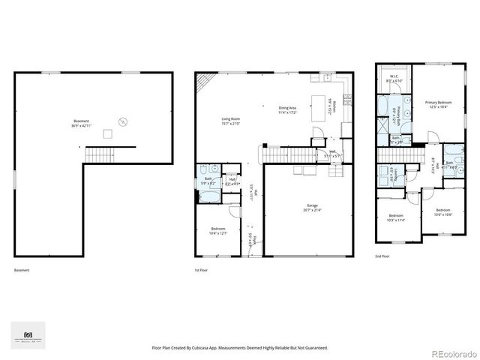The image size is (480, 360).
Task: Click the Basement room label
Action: pyautogui.click(x=81, y=123)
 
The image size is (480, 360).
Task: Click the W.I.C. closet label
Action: pyautogui.click(x=393, y=79)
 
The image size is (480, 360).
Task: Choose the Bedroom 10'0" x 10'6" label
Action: pyautogui.click(x=442, y=212)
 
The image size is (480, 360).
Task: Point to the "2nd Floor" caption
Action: pyautogui.click(x=382, y=256)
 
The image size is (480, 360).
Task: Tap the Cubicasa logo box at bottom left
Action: pyautogui.click(x=28, y=335)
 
